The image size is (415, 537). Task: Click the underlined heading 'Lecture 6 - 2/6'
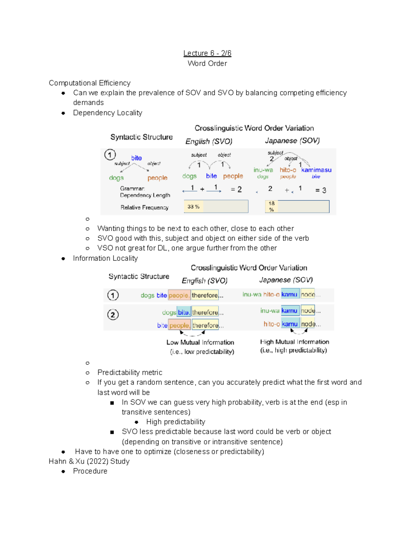pyautogui.click(x=207, y=53)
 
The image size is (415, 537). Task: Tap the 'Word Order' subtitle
pyautogui.click(x=207, y=63)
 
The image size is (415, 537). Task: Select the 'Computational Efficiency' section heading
pyautogui.click(x=90, y=83)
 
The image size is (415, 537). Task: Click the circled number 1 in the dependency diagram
pyautogui.click(x=110, y=155)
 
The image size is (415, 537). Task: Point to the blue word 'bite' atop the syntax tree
pyautogui.click(x=136, y=158)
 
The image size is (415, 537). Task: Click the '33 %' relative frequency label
pyautogui.click(x=193, y=206)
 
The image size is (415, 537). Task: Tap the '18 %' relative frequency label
pyautogui.click(x=271, y=206)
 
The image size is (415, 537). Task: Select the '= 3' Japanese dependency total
pyautogui.click(x=321, y=190)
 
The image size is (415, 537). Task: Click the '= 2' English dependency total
pyautogui.click(x=236, y=189)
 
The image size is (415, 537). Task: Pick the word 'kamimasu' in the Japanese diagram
pyautogui.click(x=316, y=170)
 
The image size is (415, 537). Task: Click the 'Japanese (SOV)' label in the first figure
pyautogui.click(x=292, y=141)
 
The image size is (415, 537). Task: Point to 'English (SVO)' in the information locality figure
pyautogui.click(x=204, y=280)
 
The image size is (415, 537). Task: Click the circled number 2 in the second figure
pyautogui.click(x=113, y=315)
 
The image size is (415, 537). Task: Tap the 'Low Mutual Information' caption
pyautogui.click(x=200, y=342)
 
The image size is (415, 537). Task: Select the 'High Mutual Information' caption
pyautogui.click(x=294, y=342)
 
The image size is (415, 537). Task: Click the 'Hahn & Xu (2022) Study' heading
pyautogui.click(x=89, y=461)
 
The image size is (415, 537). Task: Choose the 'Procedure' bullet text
pyautogui.click(x=90, y=471)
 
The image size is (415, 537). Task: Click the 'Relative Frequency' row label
pyautogui.click(x=144, y=207)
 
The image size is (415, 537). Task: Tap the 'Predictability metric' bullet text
pyautogui.click(x=130, y=372)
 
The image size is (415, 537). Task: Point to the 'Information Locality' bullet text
pyautogui.click(x=105, y=258)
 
